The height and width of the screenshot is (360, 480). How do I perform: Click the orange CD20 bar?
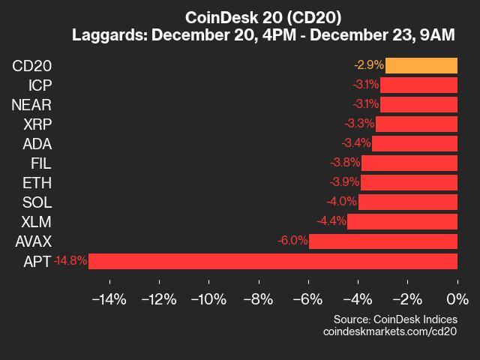click(421, 65)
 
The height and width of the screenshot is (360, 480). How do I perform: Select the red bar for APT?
click(273, 261)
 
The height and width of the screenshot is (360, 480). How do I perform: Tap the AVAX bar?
click(383, 241)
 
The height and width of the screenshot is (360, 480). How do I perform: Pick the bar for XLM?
click(402, 222)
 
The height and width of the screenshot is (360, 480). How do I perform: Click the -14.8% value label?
click(70, 261)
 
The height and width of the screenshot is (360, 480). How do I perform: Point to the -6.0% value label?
click(292, 241)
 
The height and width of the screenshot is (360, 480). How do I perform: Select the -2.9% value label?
click(369, 65)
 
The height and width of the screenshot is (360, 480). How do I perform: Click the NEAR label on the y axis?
click(31, 104)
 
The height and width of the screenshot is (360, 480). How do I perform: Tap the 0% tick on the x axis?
click(457, 300)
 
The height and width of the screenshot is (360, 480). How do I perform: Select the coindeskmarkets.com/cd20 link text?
click(390, 331)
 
